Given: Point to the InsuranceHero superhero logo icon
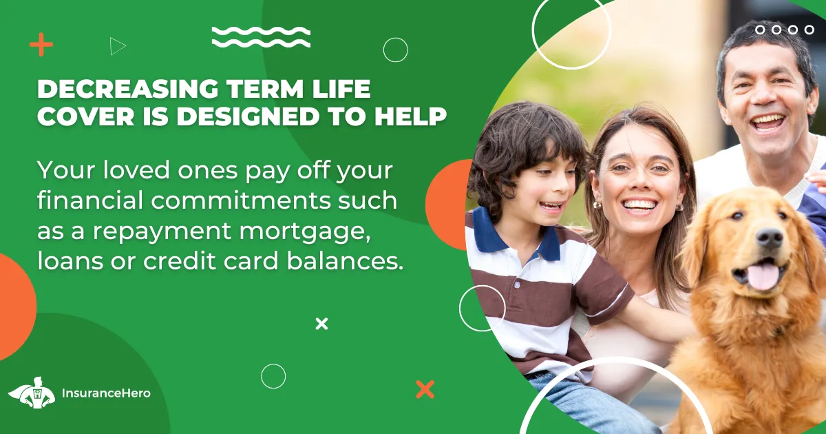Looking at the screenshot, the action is point(32,393).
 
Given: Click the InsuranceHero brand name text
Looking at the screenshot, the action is point(106,393).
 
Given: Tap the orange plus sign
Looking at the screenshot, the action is point(41,44).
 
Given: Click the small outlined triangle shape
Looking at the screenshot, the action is point(118,47).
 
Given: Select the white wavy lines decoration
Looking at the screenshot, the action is point(261,37).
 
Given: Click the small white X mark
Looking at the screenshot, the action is point(321,324).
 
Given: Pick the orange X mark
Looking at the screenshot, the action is point(425,389).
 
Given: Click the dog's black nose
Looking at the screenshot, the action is point(770,237).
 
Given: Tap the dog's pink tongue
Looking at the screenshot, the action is point(763,276).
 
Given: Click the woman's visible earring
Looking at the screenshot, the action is point(596,205).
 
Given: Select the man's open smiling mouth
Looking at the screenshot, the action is point(768,123).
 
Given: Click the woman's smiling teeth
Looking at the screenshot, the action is point(641,205).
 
